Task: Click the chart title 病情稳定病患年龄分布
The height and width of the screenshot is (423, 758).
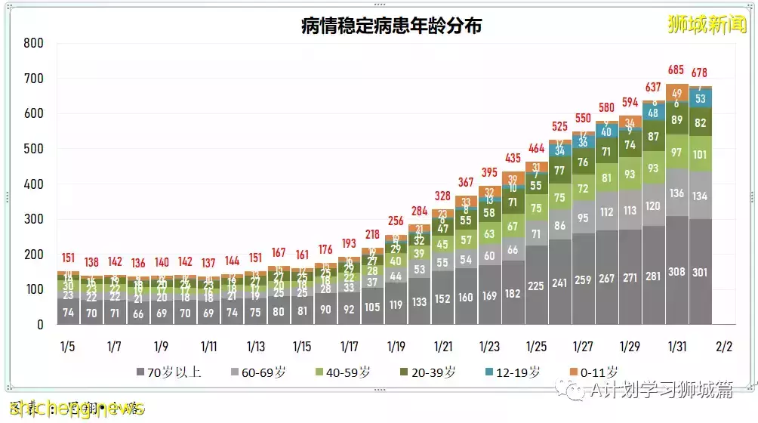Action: pyautogui.click(x=390, y=26)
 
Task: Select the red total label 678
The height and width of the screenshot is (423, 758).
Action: pyautogui.click(x=700, y=73)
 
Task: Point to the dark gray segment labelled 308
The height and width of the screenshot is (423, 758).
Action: pyautogui.click(x=677, y=272)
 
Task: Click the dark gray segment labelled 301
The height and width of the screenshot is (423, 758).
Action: pyautogui.click(x=700, y=273)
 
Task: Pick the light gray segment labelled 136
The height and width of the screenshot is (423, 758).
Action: pyautogui.click(x=677, y=193)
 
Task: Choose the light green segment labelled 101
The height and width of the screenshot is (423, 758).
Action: pyautogui.click(x=700, y=155)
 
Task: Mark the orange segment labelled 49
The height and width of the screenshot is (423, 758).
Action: pyautogui.click(x=677, y=94)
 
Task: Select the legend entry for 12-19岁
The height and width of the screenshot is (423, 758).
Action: pyautogui.click(x=516, y=372)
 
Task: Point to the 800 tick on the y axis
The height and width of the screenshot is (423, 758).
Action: pyautogui.click(x=33, y=43)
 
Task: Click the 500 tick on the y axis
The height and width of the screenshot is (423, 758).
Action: pyautogui.click(x=33, y=149)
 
